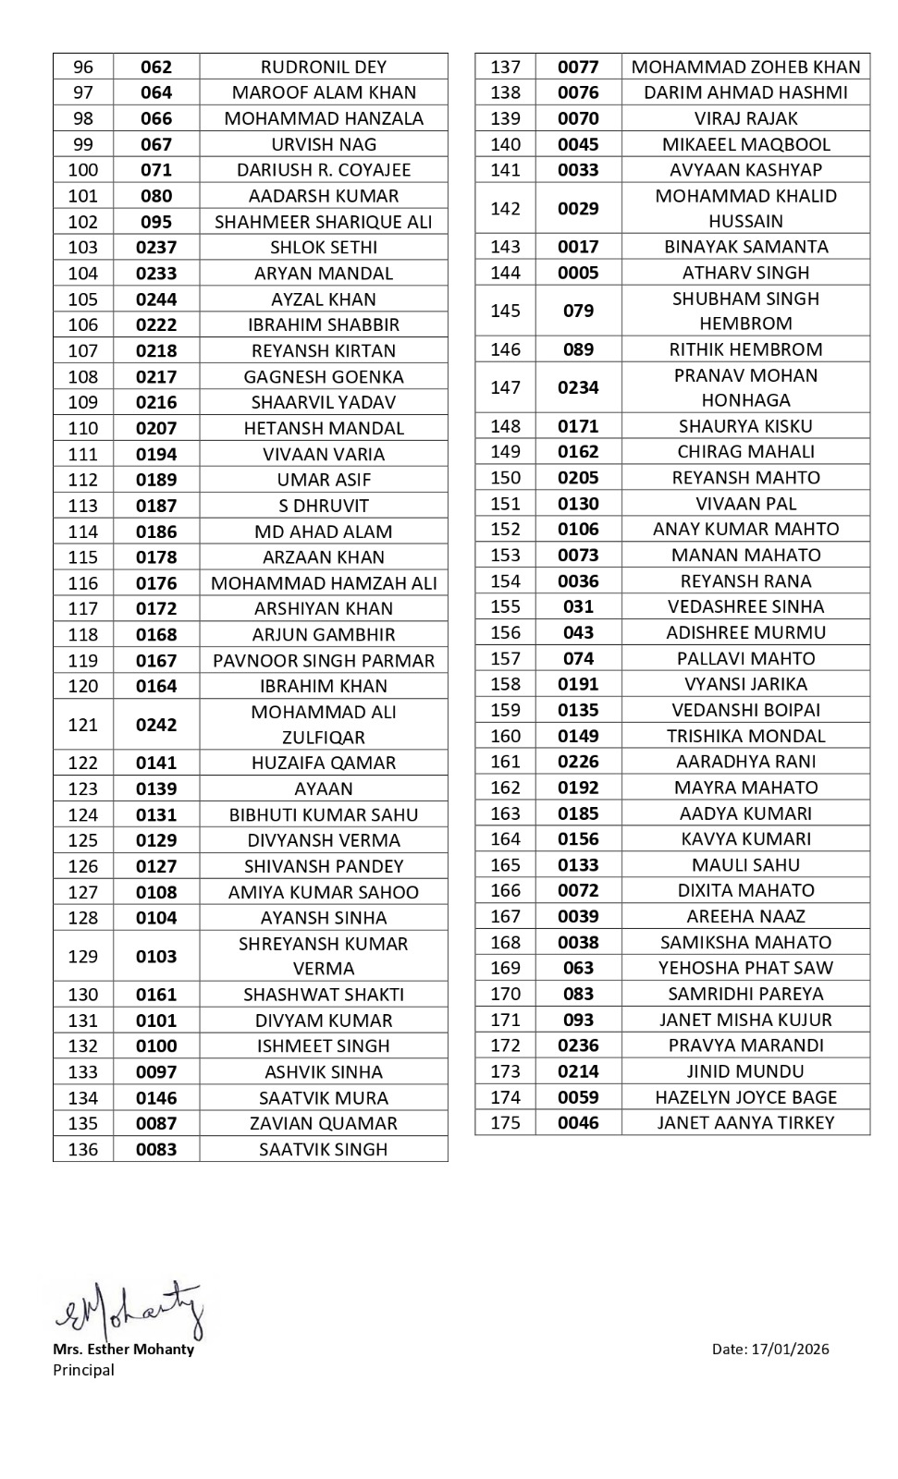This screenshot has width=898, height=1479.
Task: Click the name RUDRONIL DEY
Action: click(324, 67)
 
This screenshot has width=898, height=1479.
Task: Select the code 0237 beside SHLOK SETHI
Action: click(156, 248)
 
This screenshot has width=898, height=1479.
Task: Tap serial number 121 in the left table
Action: click(83, 725)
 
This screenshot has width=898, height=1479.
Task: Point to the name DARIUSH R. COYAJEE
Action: click(324, 170)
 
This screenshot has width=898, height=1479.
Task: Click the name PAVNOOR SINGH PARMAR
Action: click(324, 661)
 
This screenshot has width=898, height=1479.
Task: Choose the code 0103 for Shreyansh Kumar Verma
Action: click(156, 957)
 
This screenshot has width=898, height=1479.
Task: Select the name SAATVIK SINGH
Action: click(324, 1150)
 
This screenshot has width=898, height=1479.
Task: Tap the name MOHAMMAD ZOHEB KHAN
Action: click(745, 67)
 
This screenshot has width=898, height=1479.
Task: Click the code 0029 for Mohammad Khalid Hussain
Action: click(578, 209)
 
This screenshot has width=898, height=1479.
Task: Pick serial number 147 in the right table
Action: click(505, 388)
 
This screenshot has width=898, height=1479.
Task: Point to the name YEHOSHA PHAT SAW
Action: click(745, 968)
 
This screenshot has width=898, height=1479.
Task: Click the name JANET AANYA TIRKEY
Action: click(745, 1123)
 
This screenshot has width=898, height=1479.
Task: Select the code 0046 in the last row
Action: click(578, 1123)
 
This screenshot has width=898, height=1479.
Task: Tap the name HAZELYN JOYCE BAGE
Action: click(745, 1097)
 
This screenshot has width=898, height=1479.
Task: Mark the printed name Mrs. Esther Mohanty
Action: click(124, 1350)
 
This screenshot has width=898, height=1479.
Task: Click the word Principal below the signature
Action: click(84, 1370)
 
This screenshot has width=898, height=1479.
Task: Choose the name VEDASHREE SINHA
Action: click(745, 607)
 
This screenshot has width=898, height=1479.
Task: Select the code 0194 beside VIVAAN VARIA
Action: click(156, 455)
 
